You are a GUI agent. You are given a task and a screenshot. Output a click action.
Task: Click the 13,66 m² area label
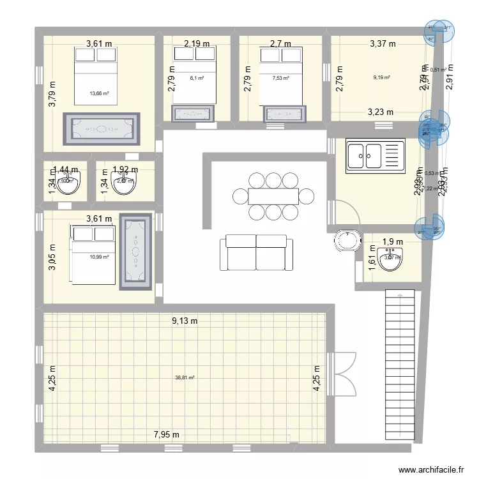point(99,93)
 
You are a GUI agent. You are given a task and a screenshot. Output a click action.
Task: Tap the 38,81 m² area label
point(185,377)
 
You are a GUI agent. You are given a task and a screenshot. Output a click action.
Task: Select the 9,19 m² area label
point(381,78)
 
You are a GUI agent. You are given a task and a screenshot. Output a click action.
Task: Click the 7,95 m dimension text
point(166,435)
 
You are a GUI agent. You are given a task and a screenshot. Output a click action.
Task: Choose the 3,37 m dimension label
point(383,44)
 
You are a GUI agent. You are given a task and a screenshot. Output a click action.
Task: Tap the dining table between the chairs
point(273,195)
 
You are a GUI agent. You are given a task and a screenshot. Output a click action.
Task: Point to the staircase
point(399,364)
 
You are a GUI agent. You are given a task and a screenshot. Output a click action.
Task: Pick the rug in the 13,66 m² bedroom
point(101,129)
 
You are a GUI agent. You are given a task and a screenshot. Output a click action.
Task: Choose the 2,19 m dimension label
point(197,44)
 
